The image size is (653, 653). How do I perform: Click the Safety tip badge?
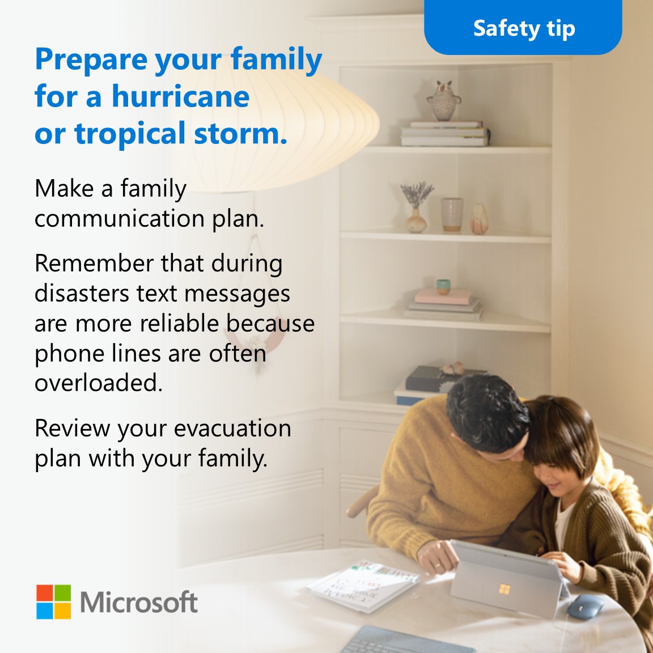[523, 28]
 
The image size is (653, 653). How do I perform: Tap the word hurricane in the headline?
[180, 96]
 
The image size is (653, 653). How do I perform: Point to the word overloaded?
[98, 383]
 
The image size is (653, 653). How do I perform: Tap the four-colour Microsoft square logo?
[54, 602]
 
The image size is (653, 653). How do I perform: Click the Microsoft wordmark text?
[139, 602]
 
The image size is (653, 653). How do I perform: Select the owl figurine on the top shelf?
[443, 100]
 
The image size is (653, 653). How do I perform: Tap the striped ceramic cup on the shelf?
[452, 215]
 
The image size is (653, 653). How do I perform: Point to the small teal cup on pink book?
[443, 286]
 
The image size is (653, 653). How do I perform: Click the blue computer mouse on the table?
[585, 607]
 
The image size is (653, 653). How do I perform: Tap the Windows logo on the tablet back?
[504, 590]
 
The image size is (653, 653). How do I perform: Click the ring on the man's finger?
[437, 565]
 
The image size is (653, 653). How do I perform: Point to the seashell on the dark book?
[452, 369]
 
